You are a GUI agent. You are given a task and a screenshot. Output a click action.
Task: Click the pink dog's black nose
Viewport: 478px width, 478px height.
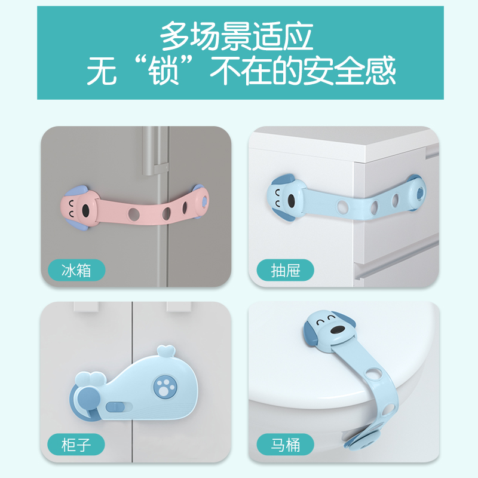pos(86,211)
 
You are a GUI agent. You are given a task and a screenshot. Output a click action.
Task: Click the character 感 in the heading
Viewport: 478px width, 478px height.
pos(379,72)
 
